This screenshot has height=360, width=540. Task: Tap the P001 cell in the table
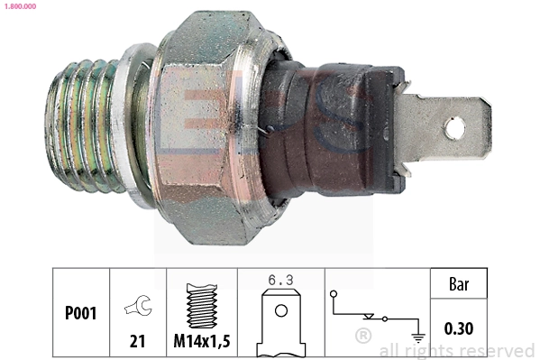80,314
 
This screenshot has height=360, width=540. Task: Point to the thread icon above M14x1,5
201,305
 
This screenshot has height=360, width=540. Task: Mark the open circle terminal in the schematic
334,294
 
